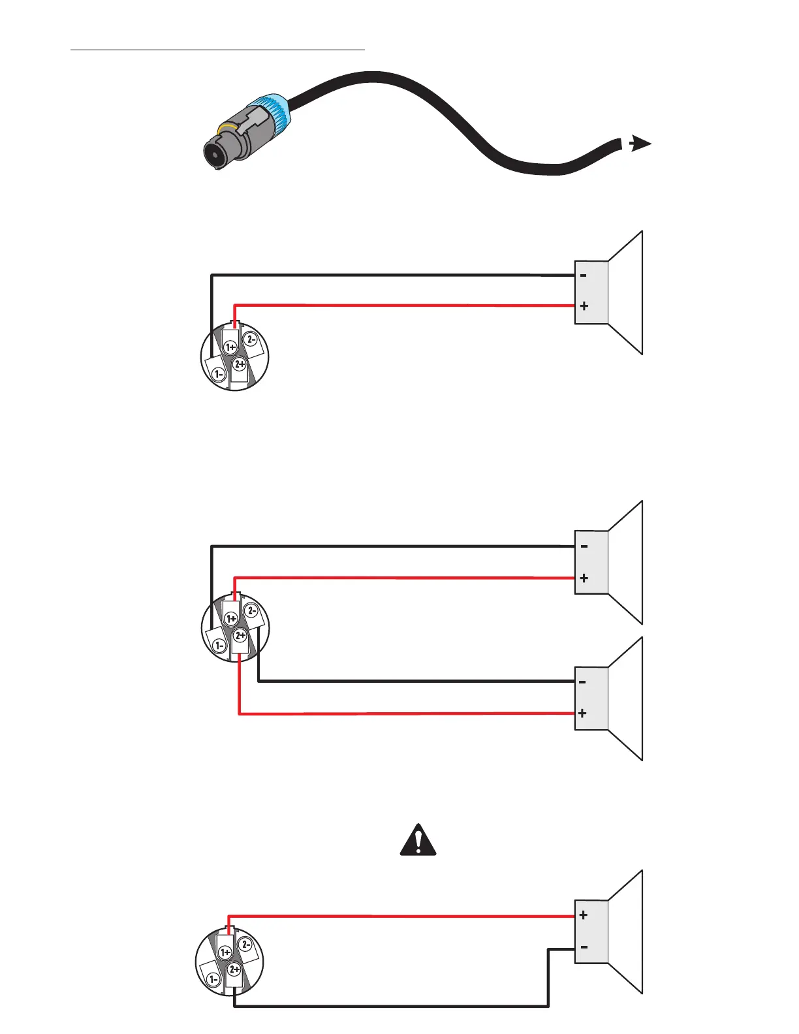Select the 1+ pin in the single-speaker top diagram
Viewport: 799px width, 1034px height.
click(x=230, y=347)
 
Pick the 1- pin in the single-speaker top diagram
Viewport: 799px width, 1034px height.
click(x=218, y=374)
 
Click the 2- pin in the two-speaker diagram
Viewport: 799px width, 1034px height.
click(x=251, y=611)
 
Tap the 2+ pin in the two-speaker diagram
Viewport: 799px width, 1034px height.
click(x=240, y=635)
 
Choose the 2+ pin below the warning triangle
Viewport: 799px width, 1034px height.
click(x=234, y=969)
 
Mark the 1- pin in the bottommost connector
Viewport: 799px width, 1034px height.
click(x=213, y=979)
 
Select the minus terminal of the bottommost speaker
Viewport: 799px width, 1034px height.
click(x=584, y=947)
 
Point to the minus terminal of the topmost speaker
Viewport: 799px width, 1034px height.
click(x=584, y=275)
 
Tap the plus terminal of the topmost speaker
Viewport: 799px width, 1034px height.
click(x=584, y=305)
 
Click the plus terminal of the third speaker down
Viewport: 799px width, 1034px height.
click(x=582, y=713)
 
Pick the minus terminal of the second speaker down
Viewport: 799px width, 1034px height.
click(x=584, y=546)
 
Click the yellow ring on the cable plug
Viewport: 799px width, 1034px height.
click(x=228, y=125)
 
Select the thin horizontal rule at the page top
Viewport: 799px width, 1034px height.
click(x=217, y=49)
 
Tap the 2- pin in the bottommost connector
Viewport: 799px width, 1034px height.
click(x=245, y=944)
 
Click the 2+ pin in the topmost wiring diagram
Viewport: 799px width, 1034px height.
click(x=240, y=364)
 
